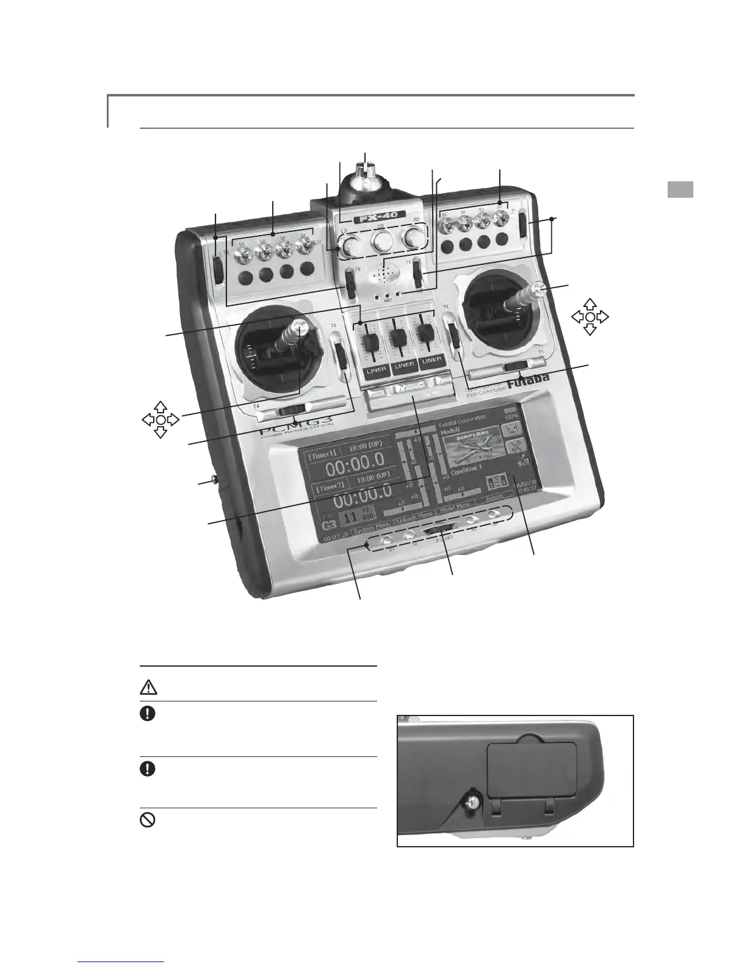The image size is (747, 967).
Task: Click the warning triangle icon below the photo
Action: (x=150, y=687)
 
